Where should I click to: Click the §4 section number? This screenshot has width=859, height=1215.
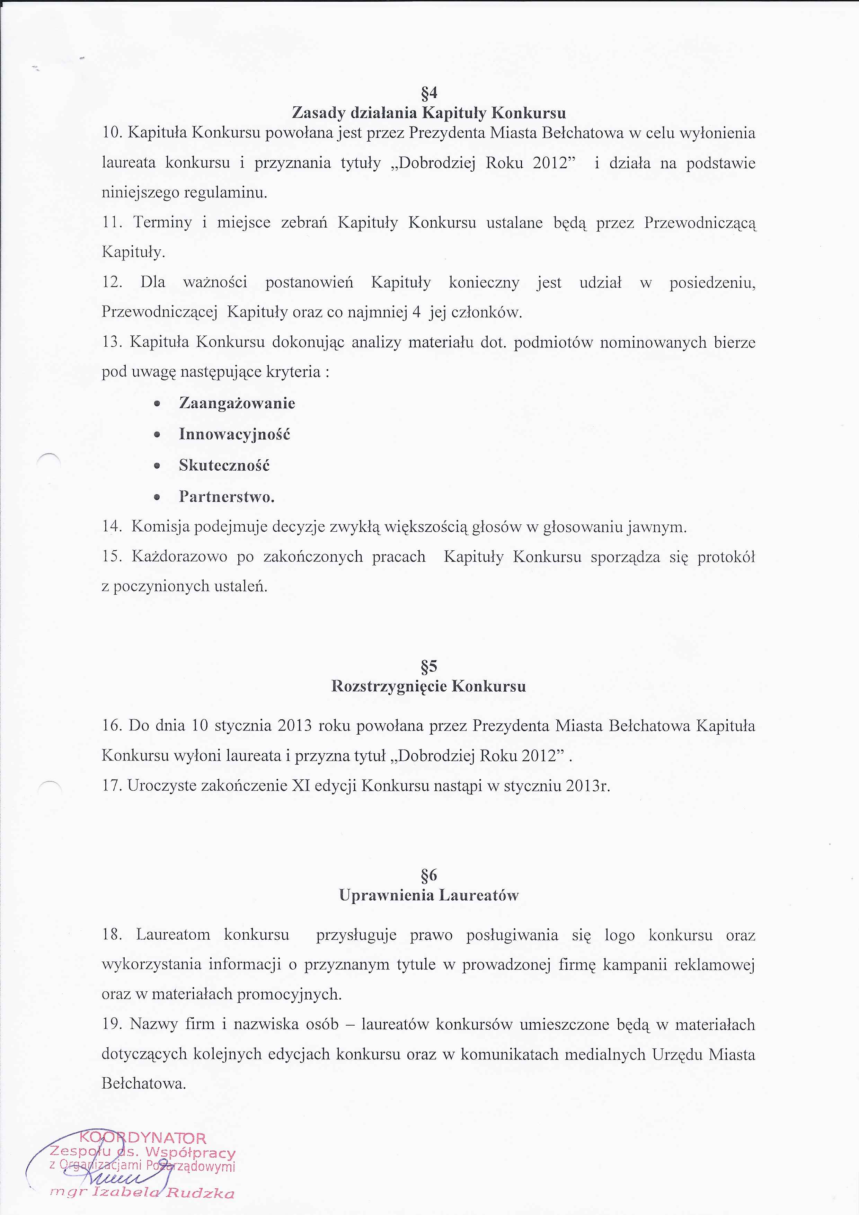[x=429, y=93]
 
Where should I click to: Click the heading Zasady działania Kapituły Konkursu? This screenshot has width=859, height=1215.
[x=429, y=113]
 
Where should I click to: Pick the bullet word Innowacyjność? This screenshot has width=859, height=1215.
[x=234, y=434]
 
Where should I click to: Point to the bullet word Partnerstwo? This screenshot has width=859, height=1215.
[x=227, y=497]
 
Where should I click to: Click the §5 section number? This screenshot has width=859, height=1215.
[x=429, y=666]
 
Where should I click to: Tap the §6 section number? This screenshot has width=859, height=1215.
[x=429, y=875]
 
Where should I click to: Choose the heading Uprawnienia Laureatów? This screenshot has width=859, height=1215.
[x=429, y=895]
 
